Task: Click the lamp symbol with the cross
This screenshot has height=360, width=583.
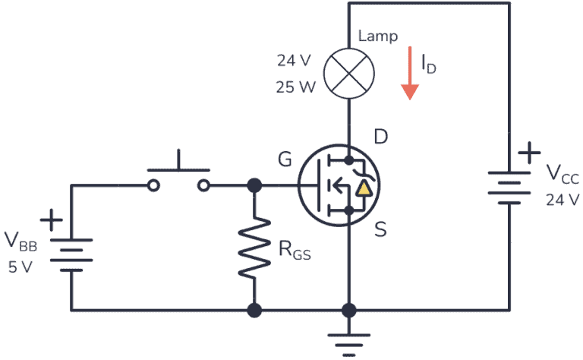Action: tap(348, 74)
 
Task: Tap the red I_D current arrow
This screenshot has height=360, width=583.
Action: tap(410, 73)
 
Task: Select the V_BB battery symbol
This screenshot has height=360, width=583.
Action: tap(71, 254)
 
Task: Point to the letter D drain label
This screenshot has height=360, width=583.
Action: tap(381, 137)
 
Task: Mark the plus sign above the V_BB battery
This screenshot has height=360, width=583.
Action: tap(52, 221)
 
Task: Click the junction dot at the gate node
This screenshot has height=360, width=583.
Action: tap(254, 185)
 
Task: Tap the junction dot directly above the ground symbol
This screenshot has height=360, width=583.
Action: tap(348, 310)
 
